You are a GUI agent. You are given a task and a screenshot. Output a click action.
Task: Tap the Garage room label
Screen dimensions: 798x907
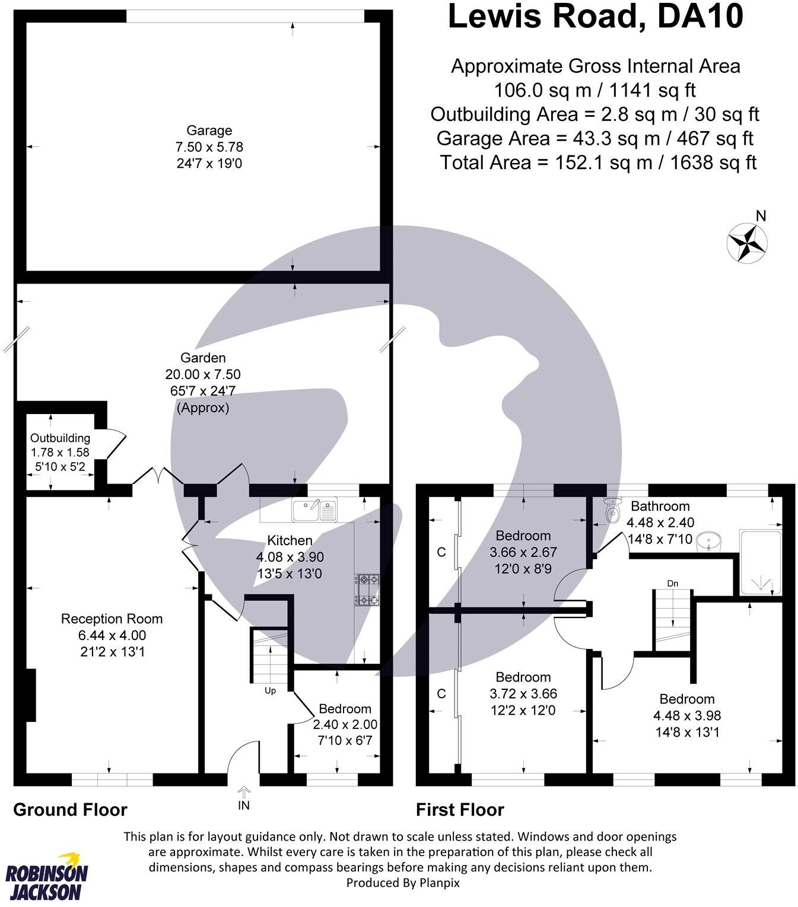209,131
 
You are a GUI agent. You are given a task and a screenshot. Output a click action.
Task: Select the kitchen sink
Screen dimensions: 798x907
314,510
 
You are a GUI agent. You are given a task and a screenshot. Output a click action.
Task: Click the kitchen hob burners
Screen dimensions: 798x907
367,590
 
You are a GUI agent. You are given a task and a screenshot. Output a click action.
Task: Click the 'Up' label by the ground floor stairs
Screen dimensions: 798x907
270,690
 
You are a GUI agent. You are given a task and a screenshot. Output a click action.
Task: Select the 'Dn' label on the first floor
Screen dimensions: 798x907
672,584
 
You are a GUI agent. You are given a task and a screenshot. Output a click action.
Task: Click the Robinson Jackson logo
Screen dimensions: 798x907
47,876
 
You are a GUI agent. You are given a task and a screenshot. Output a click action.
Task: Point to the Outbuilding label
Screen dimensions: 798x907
60,438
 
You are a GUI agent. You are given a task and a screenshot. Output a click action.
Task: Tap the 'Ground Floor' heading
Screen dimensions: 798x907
70,809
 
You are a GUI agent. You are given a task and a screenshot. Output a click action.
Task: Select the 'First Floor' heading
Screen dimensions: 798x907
460,809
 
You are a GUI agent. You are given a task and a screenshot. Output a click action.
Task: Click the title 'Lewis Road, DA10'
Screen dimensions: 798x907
595,16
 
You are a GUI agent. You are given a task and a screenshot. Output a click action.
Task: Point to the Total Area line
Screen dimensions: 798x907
598,162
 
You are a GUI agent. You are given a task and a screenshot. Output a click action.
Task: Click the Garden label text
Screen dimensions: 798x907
203,358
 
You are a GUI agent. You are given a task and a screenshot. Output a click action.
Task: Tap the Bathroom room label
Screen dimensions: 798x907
660,506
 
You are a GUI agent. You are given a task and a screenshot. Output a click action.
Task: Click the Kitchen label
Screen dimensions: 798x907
290,540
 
